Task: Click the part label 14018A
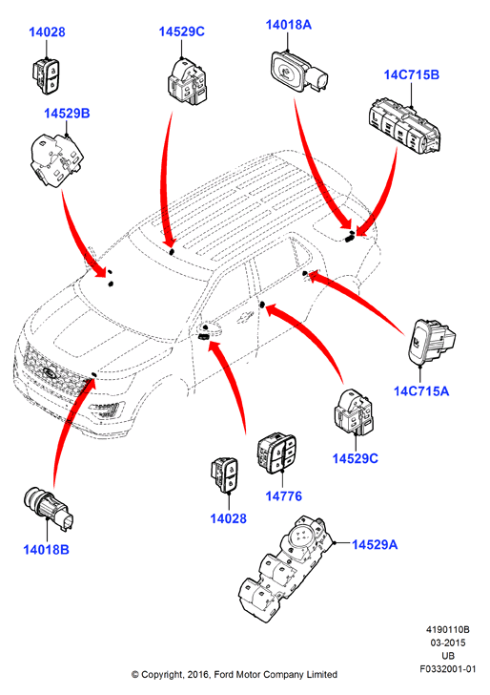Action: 288,25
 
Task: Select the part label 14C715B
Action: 411,74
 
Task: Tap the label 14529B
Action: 67,114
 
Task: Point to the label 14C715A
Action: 421,391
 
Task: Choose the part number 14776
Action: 284,496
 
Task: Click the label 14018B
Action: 46,550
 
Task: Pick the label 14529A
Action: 375,544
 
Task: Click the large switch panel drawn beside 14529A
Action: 285,570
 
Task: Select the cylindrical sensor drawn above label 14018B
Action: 49,509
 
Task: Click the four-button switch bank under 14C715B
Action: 404,127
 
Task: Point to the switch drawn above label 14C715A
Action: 431,342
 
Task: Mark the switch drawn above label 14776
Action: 276,453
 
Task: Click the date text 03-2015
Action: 448,642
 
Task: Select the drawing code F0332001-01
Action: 448,669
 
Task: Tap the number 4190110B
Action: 448,629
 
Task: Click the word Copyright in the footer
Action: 162,675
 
